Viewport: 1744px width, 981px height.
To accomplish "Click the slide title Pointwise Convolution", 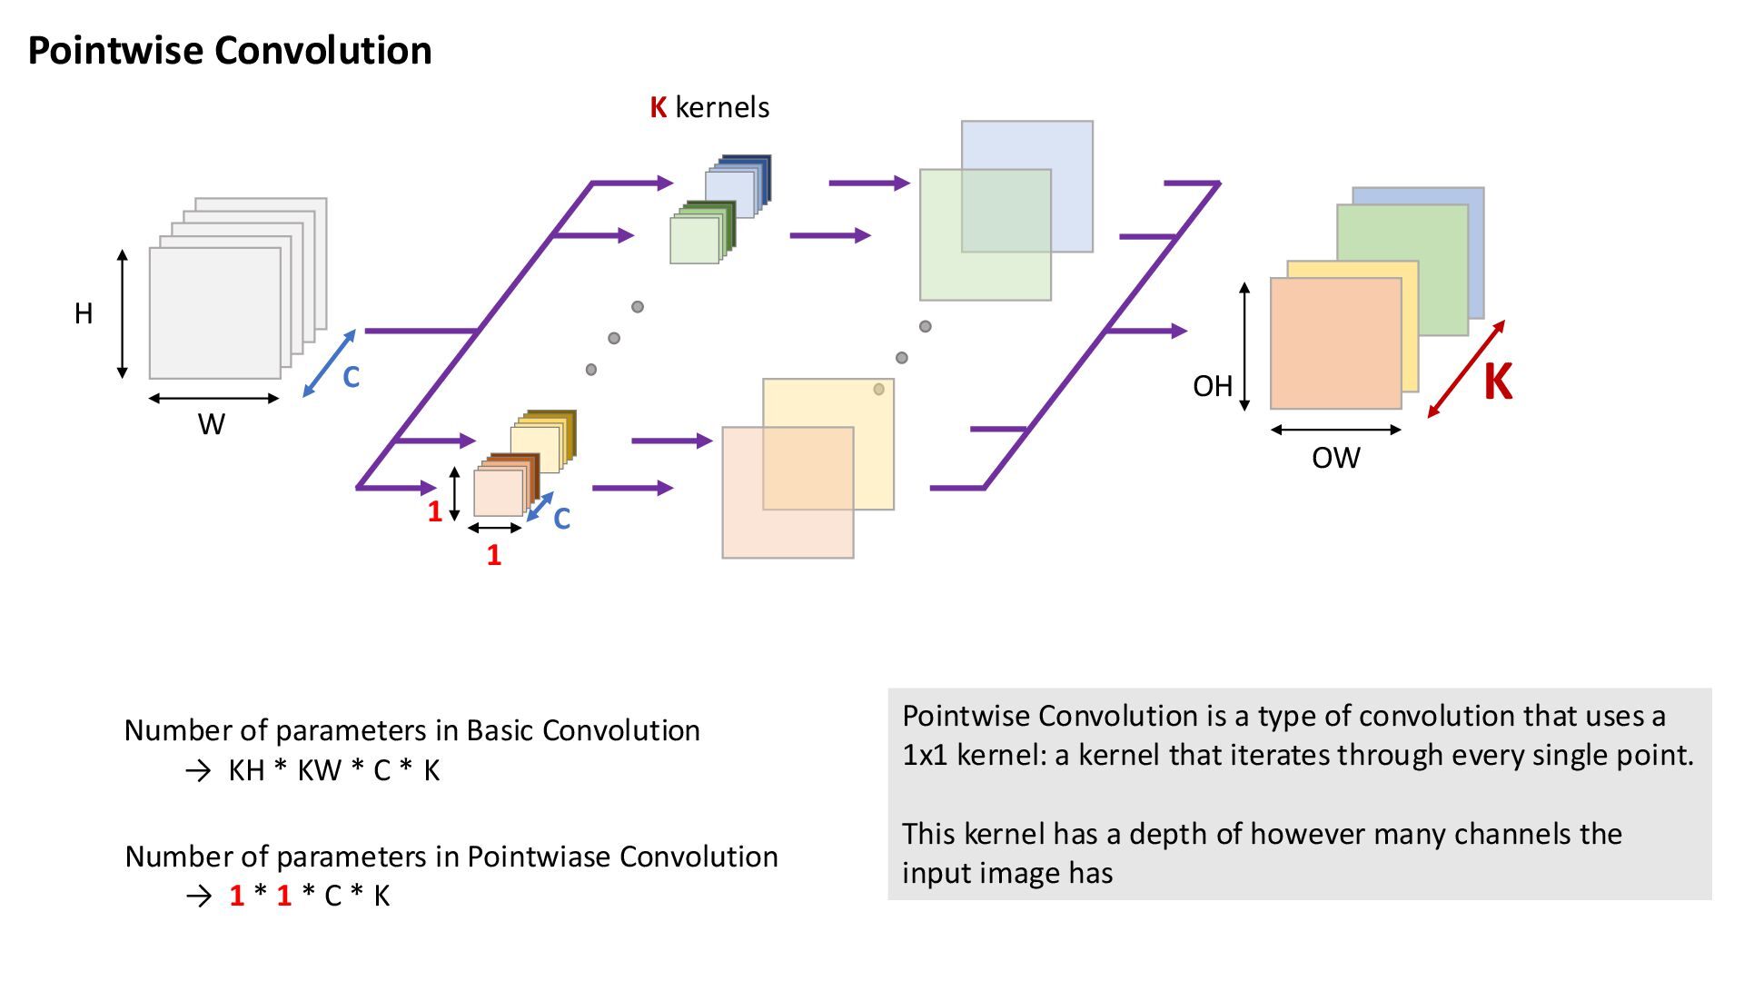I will pyautogui.click(x=230, y=50).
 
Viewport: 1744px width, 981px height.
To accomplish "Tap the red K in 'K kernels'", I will pyautogui.click(x=659, y=108).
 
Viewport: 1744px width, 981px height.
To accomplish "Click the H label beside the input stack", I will pyautogui.click(x=84, y=314).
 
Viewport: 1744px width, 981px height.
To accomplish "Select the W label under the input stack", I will pyautogui.click(x=212, y=424).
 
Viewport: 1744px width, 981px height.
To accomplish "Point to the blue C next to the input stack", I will pyautogui.click(x=351, y=377).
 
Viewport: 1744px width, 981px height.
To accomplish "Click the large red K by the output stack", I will pyautogui.click(x=1498, y=381).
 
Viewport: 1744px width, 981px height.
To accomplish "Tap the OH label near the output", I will pyautogui.click(x=1213, y=387).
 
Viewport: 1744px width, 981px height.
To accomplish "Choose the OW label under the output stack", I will pyautogui.click(x=1335, y=458).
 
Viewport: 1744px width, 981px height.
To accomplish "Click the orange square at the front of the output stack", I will pyautogui.click(x=1334, y=343).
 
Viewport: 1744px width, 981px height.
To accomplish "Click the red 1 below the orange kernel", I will pyautogui.click(x=493, y=555).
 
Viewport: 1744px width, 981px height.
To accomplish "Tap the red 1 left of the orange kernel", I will pyautogui.click(x=435, y=512).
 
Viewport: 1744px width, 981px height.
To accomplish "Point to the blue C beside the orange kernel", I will pyautogui.click(x=561, y=520).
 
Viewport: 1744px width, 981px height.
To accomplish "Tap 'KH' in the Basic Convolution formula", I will pyautogui.click(x=246, y=771).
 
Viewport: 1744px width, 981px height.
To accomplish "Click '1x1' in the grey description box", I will pyautogui.click(x=924, y=756).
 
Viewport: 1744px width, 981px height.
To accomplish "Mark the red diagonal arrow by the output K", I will pyautogui.click(x=1464, y=371).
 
